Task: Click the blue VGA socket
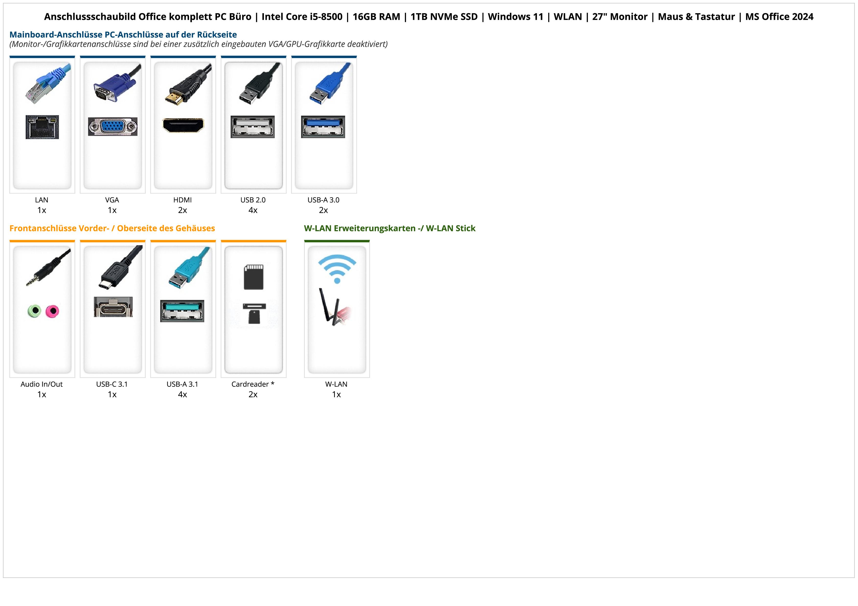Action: [113, 127]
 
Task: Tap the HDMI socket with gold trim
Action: [183, 125]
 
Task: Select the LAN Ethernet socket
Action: [42, 127]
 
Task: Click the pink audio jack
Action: [52, 311]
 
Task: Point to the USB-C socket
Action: [113, 307]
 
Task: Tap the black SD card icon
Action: [253, 277]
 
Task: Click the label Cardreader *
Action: [253, 384]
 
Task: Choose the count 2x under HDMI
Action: [182, 210]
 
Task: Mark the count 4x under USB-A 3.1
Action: [182, 395]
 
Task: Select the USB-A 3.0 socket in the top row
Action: [323, 127]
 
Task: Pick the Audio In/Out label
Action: [42, 384]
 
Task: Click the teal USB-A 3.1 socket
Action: [182, 311]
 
